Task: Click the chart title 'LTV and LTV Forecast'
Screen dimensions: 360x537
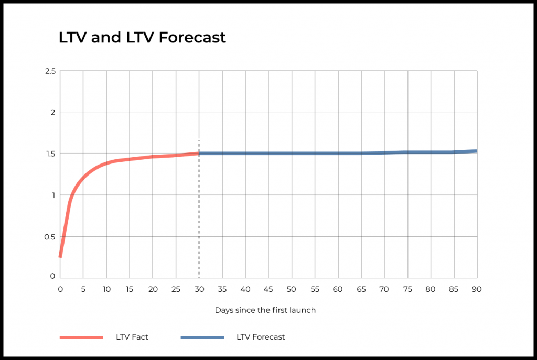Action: [142, 37]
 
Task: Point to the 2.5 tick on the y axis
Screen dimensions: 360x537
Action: [50, 71]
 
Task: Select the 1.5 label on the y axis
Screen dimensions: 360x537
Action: [50, 154]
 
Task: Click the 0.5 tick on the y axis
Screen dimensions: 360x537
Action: [50, 237]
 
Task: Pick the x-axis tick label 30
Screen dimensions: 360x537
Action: [199, 289]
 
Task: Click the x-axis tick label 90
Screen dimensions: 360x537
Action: [477, 289]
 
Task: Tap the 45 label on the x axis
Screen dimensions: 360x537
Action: [268, 289]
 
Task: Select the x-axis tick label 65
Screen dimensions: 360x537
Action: [361, 289]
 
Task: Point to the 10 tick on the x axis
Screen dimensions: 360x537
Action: [106, 289]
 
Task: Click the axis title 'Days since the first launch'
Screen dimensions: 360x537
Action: [265, 310]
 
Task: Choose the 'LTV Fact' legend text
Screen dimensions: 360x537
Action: [132, 337]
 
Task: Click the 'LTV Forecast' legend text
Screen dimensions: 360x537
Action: [261, 337]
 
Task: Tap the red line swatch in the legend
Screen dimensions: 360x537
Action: [81, 337]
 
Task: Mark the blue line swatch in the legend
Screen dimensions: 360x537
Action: [202, 337]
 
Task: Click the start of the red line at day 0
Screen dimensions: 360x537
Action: [60, 257]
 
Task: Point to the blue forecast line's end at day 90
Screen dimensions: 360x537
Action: [476, 151]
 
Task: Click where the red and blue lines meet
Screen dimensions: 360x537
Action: [199, 154]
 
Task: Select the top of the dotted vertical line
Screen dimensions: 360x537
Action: [199, 140]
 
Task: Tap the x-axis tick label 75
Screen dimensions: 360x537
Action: [407, 289]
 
